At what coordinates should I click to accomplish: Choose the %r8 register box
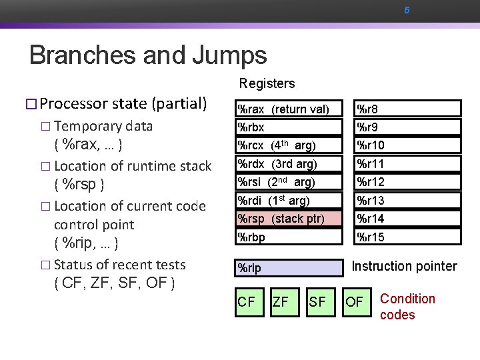pos(407,109)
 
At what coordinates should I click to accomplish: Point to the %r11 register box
pos(407,163)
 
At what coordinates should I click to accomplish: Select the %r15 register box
pos(407,237)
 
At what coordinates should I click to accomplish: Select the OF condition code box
pos(355,302)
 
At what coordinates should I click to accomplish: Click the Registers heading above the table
pos(267,83)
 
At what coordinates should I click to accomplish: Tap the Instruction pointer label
pos(404,267)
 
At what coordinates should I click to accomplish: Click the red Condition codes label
pos(407,307)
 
